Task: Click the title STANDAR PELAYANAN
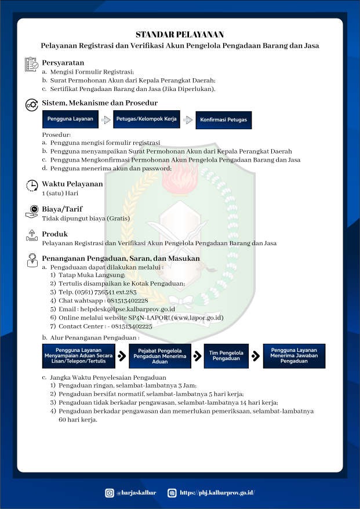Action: [x=180, y=35]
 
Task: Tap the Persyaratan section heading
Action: [x=63, y=63]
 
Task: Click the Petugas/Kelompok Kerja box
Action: [x=147, y=119]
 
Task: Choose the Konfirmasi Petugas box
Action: [x=223, y=120]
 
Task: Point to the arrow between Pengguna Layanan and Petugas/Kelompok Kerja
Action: [x=106, y=120]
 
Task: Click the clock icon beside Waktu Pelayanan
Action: [x=32, y=186]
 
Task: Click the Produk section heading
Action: [x=55, y=234]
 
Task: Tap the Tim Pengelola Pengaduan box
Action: [x=226, y=356]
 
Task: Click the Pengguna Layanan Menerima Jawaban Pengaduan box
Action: [x=294, y=356]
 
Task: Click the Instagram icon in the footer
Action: [x=110, y=493]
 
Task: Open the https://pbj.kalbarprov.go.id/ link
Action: [x=217, y=493]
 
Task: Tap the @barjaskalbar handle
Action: [x=137, y=493]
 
